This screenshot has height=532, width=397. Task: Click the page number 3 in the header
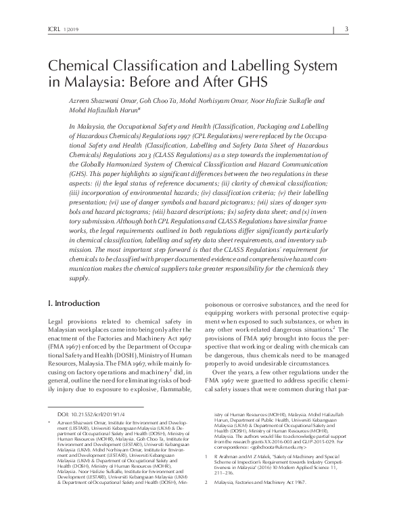[346, 28]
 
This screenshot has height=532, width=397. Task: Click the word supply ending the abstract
[60, 297]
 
